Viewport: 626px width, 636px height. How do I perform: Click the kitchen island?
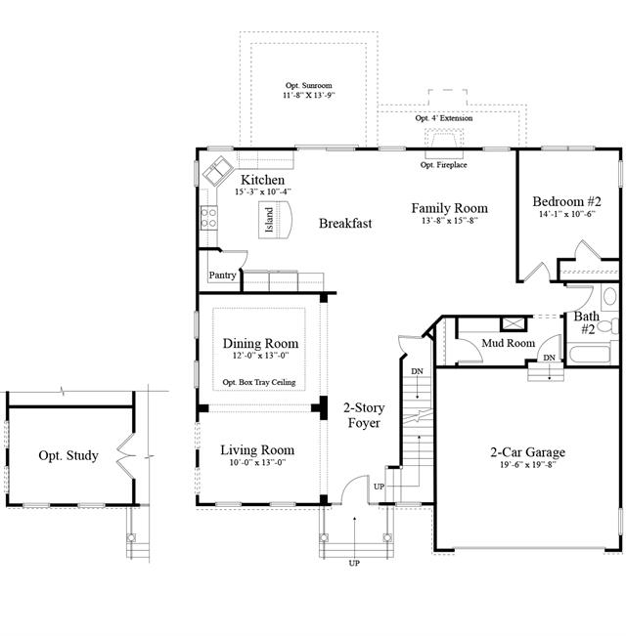tap(275, 220)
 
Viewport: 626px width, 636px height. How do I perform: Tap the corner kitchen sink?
tap(217, 170)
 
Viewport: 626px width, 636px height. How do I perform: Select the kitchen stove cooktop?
tap(209, 218)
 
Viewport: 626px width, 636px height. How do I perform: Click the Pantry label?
tap(222, 275)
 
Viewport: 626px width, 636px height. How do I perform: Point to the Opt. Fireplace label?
tap(443, 165)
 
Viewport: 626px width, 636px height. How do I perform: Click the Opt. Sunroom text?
tap(308, 85)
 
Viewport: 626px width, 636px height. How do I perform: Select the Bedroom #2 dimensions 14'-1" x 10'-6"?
tap(566, 214)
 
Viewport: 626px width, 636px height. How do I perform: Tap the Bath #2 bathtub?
tap(590, 355)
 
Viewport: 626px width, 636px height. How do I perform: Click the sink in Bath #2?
tap(609, 296)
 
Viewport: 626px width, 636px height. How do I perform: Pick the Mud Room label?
tap(509, 343)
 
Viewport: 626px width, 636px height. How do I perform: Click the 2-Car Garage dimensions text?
tap(527, 465)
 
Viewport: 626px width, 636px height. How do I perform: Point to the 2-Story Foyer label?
tap(364, 415)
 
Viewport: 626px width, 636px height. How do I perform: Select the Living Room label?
tap(257, 449)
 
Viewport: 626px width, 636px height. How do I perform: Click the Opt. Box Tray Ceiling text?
tap(259, 382)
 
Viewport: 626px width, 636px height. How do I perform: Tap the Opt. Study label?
tap(68, 455)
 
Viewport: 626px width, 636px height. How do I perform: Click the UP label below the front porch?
tap(354, 563)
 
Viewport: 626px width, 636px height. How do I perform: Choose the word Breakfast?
tap(345, 223)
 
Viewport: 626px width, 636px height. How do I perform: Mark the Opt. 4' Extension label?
tap(444, 118)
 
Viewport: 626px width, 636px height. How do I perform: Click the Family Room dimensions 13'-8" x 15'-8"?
tap(449, 221)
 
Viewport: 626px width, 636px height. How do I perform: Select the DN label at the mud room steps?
tap(549, 358)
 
